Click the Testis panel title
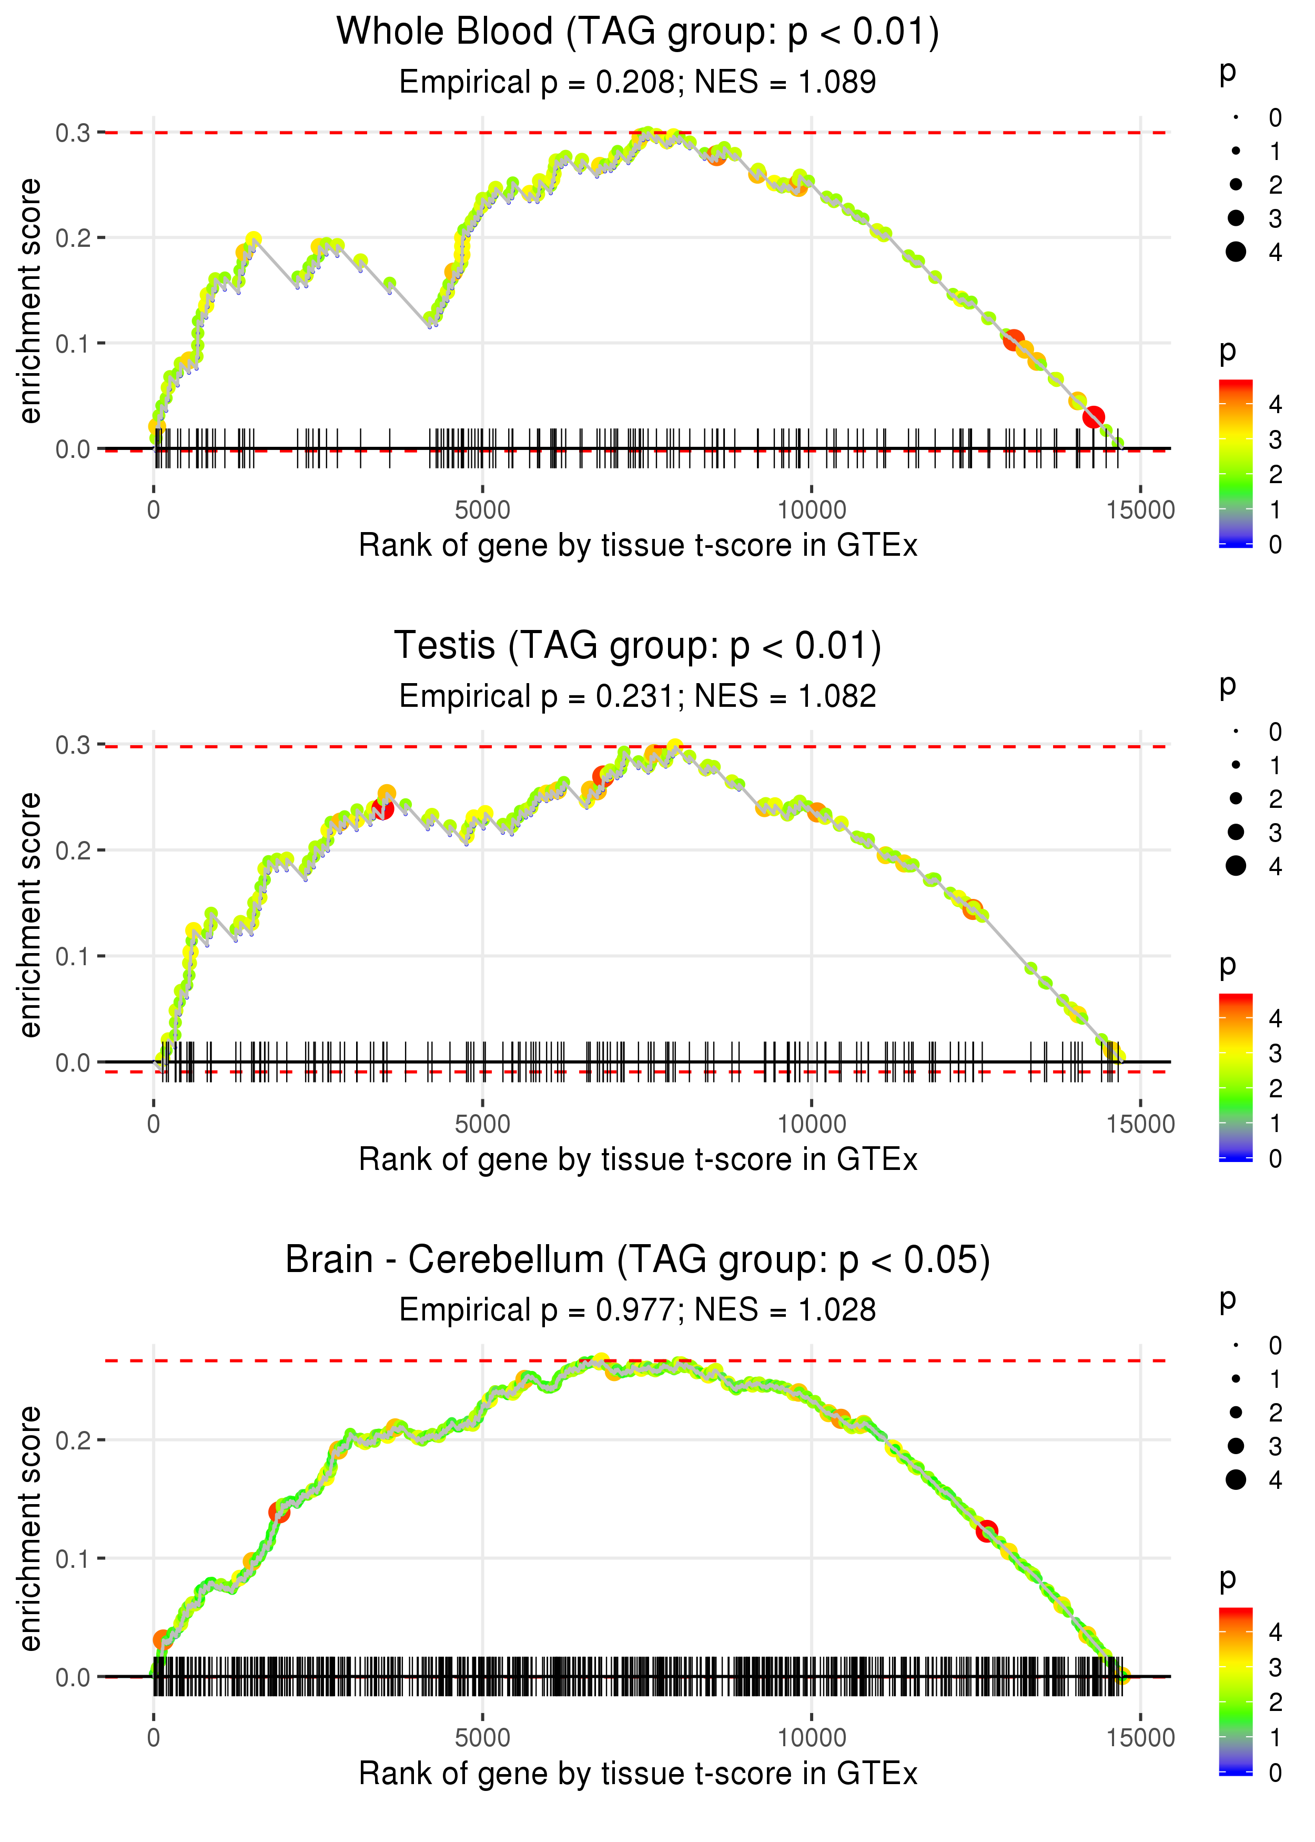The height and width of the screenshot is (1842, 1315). pyautogui.click(x=638, y=646)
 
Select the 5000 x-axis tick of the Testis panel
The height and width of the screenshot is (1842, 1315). pyautogui.click(x=482, y=1124)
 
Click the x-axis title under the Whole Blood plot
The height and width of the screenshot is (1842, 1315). pyautogui.click(x=638, y=546)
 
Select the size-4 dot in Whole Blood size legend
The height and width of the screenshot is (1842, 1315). pyautogui.click(x=1236, y=252)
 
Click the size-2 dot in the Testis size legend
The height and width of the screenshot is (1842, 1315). pyautogui.click(x=1236, y=799)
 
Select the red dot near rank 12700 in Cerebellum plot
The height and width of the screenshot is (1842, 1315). pyautogui.click(x=986, y=1531)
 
